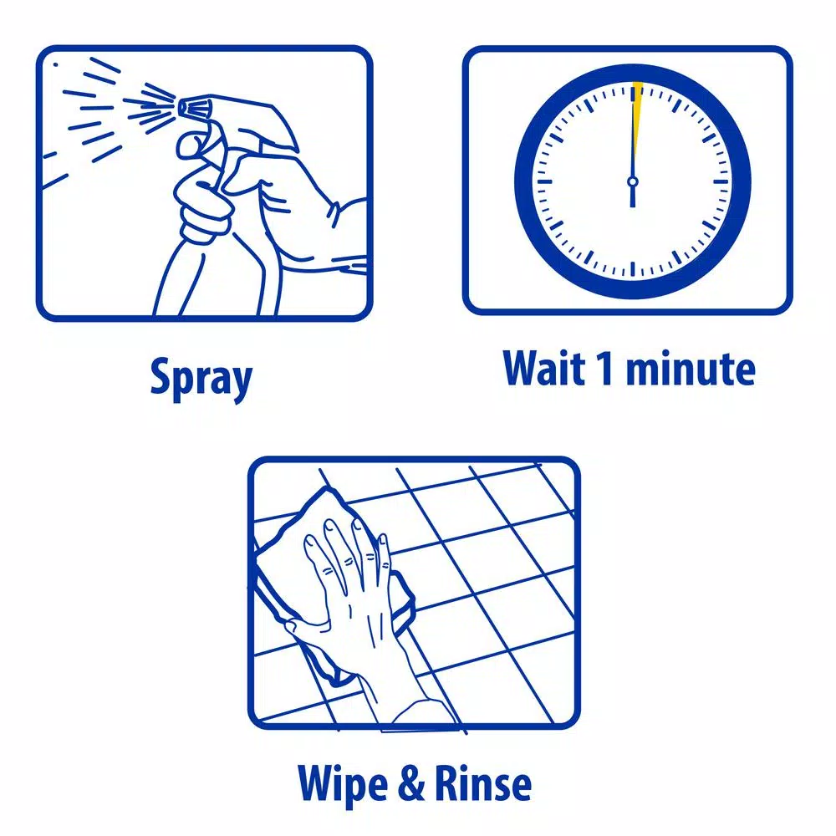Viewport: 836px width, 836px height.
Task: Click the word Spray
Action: (x=201, y=379)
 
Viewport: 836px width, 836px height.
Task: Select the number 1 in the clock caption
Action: (x=605, y=367)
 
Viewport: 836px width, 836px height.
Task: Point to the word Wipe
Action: (x=342, y=784)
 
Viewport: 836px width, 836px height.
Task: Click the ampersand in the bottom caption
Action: (x=411, y=783)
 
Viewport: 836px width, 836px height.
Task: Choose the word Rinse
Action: (x=483, y=783)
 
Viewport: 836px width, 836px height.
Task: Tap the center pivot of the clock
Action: (x=633, y=181)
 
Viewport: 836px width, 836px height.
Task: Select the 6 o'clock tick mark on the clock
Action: (x=633, y=269)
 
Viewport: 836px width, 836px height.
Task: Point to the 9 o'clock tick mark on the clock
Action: (x=545, y=181)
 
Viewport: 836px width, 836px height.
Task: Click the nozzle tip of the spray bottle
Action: (x=183, y=108)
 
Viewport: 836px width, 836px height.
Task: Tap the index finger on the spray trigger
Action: (x=198, y=142)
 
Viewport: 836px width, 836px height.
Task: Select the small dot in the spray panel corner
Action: (x=55, y=65)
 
